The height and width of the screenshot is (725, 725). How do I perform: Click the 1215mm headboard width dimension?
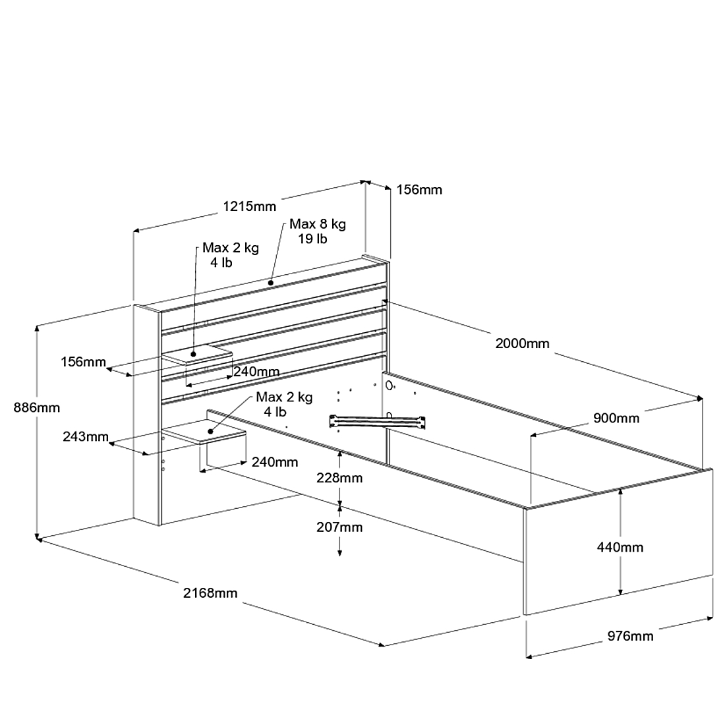pos(249,206)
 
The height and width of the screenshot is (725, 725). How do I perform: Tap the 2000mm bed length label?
pos(522,343)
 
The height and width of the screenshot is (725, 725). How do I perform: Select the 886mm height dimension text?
pos(36,408)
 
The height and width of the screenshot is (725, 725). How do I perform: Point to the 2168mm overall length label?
pos(210,593)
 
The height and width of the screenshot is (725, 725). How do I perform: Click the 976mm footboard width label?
pos(630,636)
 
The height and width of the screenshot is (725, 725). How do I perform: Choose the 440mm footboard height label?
pos(620,548)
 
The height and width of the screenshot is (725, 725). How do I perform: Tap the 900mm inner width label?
pos(616,418)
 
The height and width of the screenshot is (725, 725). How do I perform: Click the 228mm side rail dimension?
pos(339,478)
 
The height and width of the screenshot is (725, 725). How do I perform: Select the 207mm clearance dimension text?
pos(339,527)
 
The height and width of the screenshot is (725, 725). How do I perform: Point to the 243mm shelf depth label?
pos(86,436)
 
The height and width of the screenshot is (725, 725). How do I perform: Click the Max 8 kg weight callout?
pos(318,224)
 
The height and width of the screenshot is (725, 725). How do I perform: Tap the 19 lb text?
pos(312,239)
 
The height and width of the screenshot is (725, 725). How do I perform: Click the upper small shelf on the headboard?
pos(197,355)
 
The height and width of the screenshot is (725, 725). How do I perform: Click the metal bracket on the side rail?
pos(377,421)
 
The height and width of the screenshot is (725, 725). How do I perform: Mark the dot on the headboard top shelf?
pos(271,283)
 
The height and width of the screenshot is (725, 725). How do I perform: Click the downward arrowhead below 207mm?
pos(340,552)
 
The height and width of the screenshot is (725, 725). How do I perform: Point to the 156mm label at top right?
pos(419,190)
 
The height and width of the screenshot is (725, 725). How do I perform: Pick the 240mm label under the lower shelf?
pos(275,462)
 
